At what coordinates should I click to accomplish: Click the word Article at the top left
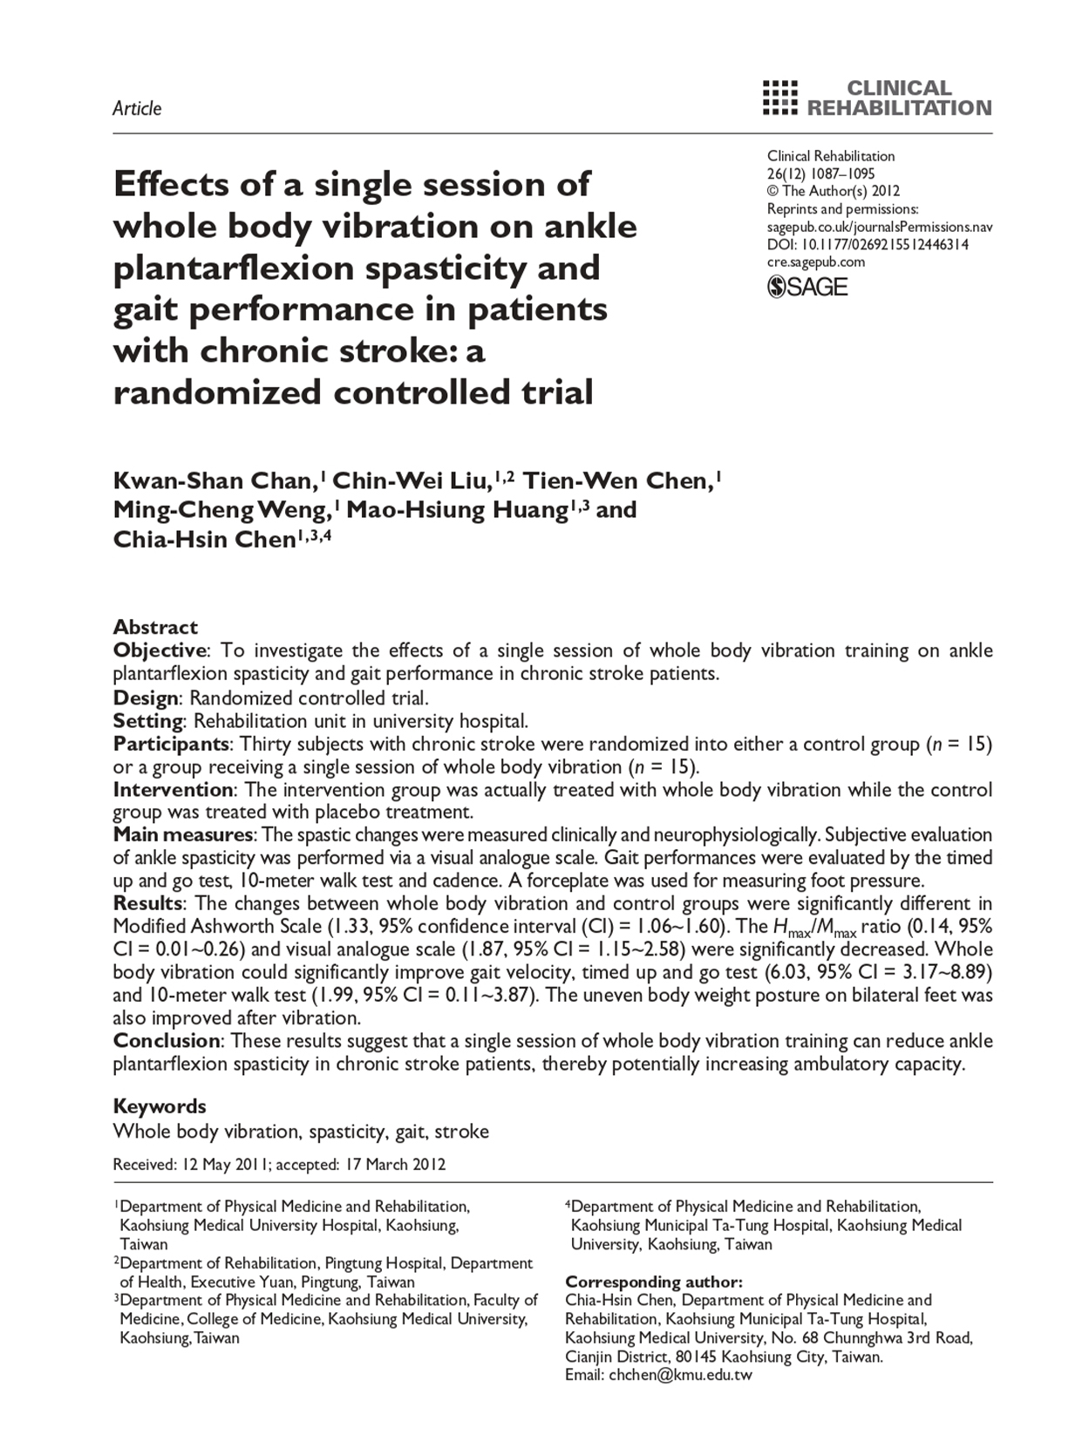click(x=137, y=108)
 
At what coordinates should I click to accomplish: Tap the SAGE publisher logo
click(x=807, y=287)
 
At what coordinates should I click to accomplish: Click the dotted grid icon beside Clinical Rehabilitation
click(x=779, y=98)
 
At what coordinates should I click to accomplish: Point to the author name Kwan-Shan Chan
click(x=213, y=480)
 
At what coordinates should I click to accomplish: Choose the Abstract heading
click(x=155, y=627)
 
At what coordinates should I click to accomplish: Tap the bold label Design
click(x=146, y=697)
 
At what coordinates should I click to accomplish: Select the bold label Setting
click(x=148, y=721)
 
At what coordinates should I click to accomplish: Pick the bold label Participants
click(x=171, y=744)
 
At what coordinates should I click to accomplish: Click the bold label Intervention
click(x=173, y=790)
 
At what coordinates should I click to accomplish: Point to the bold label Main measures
click(x=183, y=834)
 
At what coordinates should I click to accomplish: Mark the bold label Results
click(x=148, y=903)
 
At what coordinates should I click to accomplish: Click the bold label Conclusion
click(x=167, y=1040)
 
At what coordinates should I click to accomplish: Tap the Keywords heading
click(x=160, y=1106)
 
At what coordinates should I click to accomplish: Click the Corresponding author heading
click(x=654, y=1282)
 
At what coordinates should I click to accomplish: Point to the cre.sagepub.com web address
click(x=816, y=262)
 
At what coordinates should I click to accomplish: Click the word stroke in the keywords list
click(x=461, y=1132)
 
